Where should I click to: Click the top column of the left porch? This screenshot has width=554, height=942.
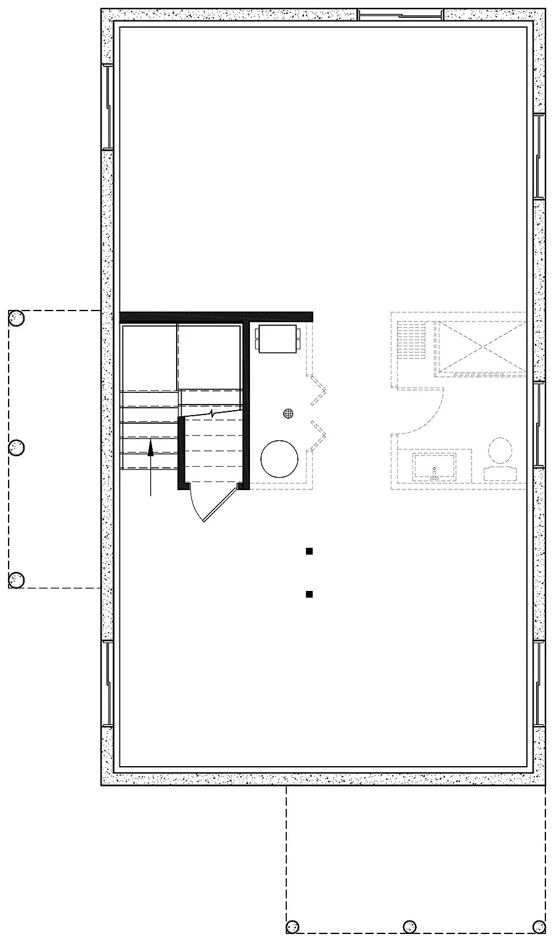pyautogui.click(x=16, y=318)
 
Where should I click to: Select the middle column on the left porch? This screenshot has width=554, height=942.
pyautogui.click(x=16, y=448)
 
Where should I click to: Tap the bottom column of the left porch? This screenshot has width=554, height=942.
pyautogui.click(x=16, y=579)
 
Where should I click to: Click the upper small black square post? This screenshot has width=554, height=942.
pyautogui.click(x=310, y=552)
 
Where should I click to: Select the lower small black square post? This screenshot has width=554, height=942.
pyautogui.click(x=310, y=594)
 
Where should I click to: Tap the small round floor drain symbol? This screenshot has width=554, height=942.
pyautogui.click(x=287, y=414)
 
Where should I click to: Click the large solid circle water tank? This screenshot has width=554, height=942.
pyautogui.click(x=279, y=458)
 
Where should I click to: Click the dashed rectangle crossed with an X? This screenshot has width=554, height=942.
pyautogui.click(x=481, y=347)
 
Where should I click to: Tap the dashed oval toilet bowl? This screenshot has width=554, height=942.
pyautogui.click(x=500, y=451)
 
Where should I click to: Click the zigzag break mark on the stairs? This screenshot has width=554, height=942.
pyautogui.click(x=212, y=414)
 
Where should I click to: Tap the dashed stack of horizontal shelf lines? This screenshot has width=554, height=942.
pyautogui.click(x=412, y=341)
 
